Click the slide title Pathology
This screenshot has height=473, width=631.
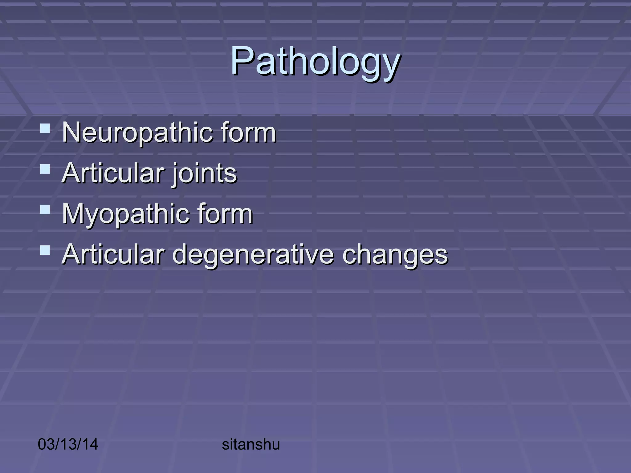315,61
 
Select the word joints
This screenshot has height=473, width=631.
205,173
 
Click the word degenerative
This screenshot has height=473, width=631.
253,255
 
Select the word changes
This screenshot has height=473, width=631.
395,255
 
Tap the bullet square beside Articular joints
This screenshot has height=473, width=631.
45,169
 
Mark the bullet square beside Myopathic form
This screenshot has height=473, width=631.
45,210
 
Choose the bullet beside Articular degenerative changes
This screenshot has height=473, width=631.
45,250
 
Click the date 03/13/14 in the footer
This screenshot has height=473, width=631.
68,444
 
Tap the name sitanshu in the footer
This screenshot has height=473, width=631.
251,444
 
